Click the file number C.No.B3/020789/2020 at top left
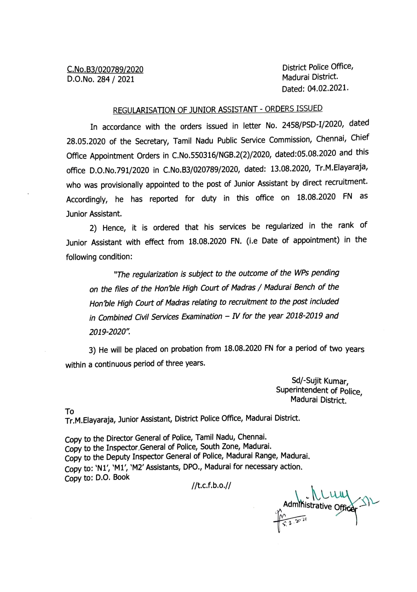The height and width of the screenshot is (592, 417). click(x=105, y=70)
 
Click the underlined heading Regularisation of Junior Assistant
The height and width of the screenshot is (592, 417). click(x=217, y=110)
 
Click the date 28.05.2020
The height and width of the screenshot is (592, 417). click(x=86, y=142)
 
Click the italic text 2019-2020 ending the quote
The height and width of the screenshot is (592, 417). click(x=109, y=332)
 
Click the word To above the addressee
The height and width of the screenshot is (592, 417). click(x=69, y=411)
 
